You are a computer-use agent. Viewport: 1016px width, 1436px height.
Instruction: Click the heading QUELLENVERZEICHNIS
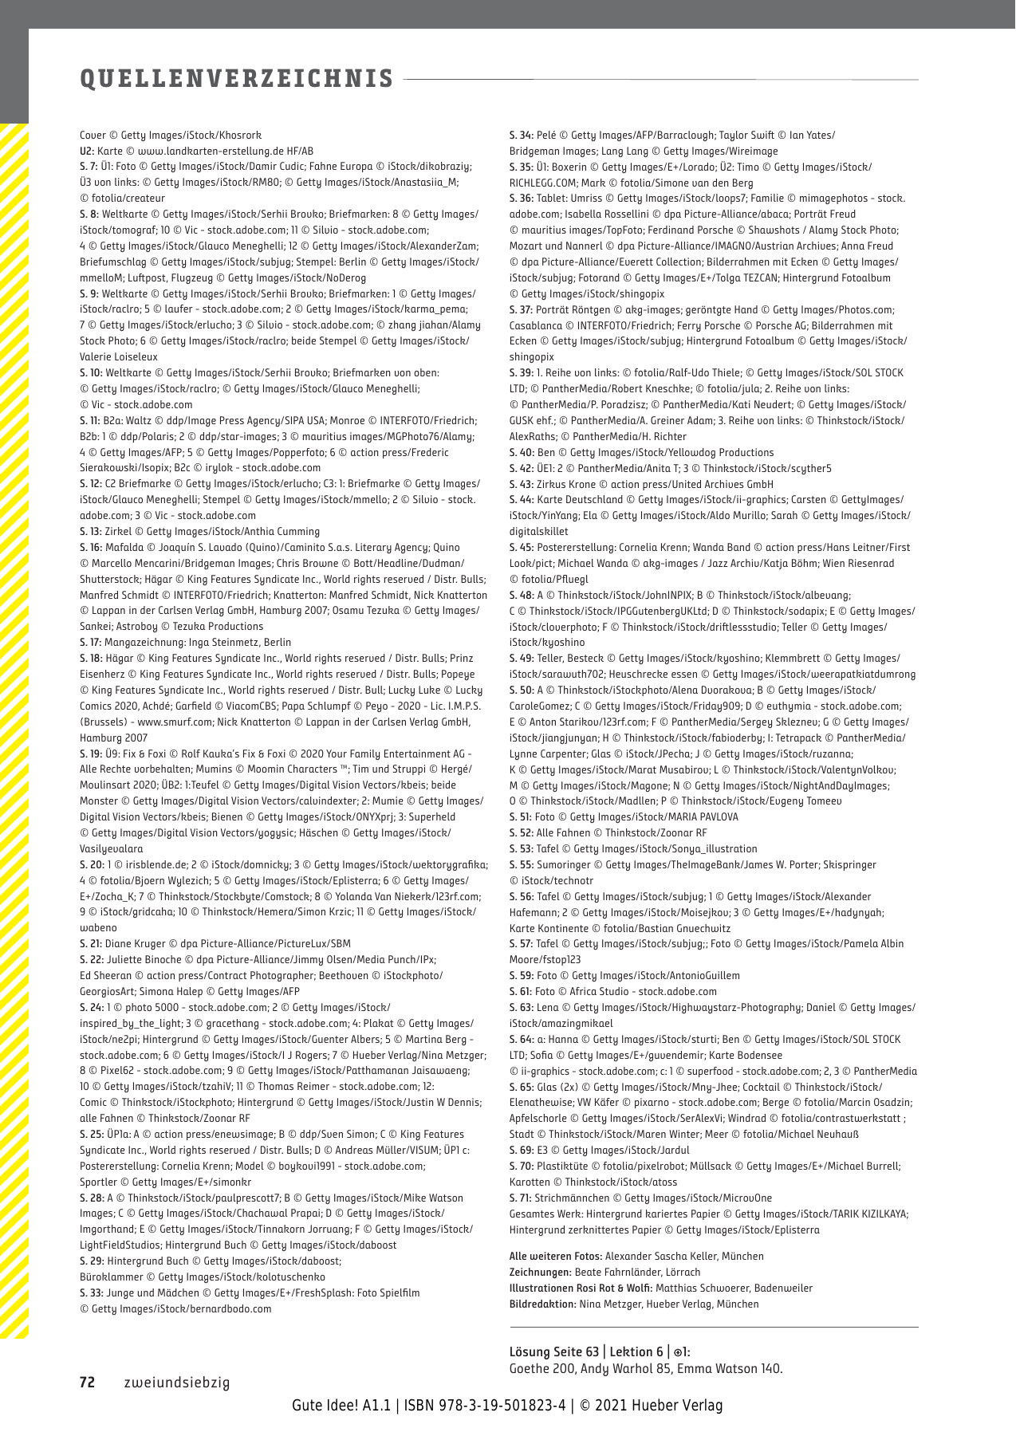(x=237, y=78)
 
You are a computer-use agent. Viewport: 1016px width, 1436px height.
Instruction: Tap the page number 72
(x=87, y=1383)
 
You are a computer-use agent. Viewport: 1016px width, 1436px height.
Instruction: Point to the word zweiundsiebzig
(x=176, y=1383)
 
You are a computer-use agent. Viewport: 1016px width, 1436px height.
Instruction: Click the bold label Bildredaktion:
(x=542, y=1304)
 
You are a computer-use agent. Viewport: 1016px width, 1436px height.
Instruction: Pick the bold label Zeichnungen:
(x=540, y=1273)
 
